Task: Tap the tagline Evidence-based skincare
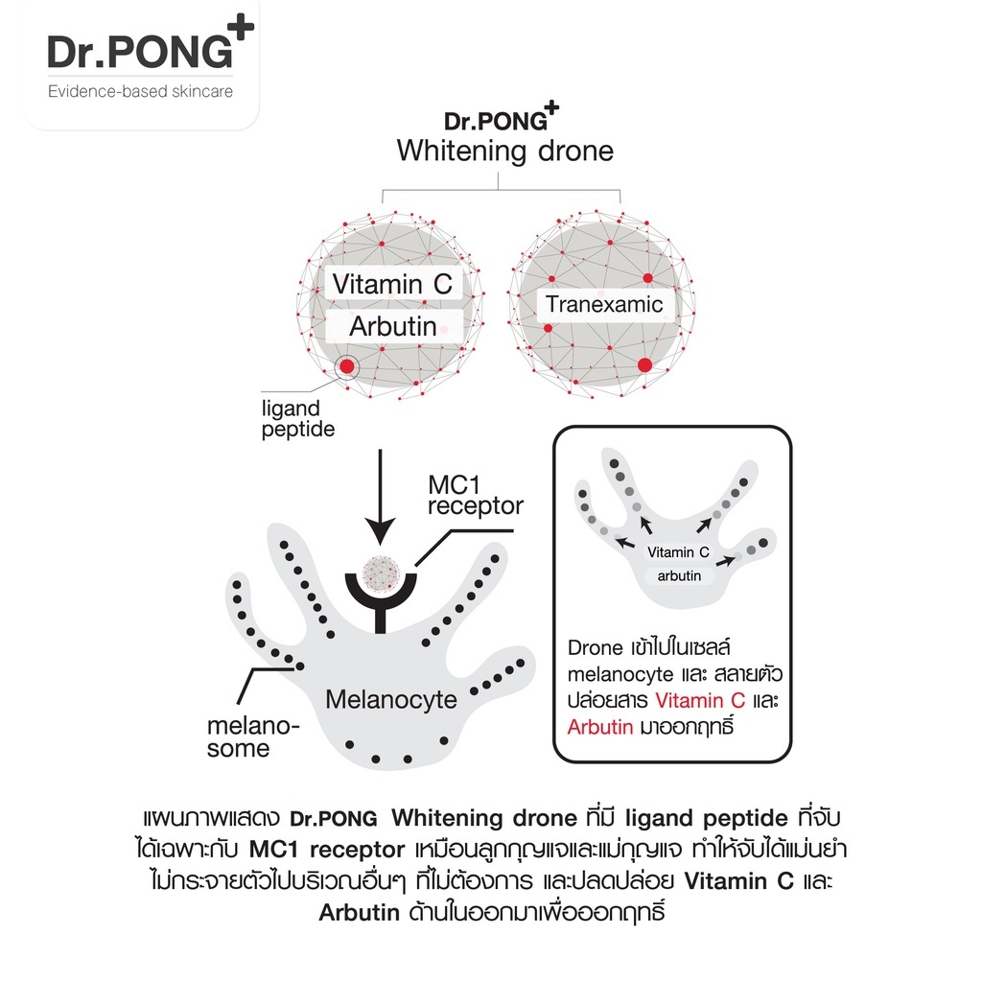(140, 92)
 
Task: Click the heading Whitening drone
(504, 152)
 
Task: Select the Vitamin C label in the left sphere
(392, 284)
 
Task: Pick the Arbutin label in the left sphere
(392, 326)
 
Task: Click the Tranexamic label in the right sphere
(603, 305)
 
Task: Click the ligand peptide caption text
(297, 419)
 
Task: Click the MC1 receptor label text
(476, 494)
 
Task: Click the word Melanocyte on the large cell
(391, 699)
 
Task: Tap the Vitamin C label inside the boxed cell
(678, 552)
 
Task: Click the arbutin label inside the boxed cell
(678, 576)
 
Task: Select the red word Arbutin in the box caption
(599, 727)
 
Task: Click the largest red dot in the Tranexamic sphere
(644, 364)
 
